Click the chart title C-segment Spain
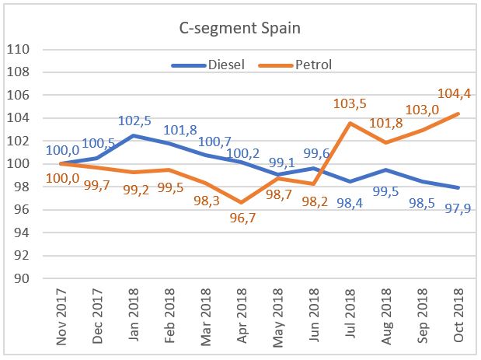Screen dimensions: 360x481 240,30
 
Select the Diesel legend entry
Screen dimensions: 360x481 226,64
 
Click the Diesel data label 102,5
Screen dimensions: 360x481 137,121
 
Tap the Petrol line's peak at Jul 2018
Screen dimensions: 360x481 351,124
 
